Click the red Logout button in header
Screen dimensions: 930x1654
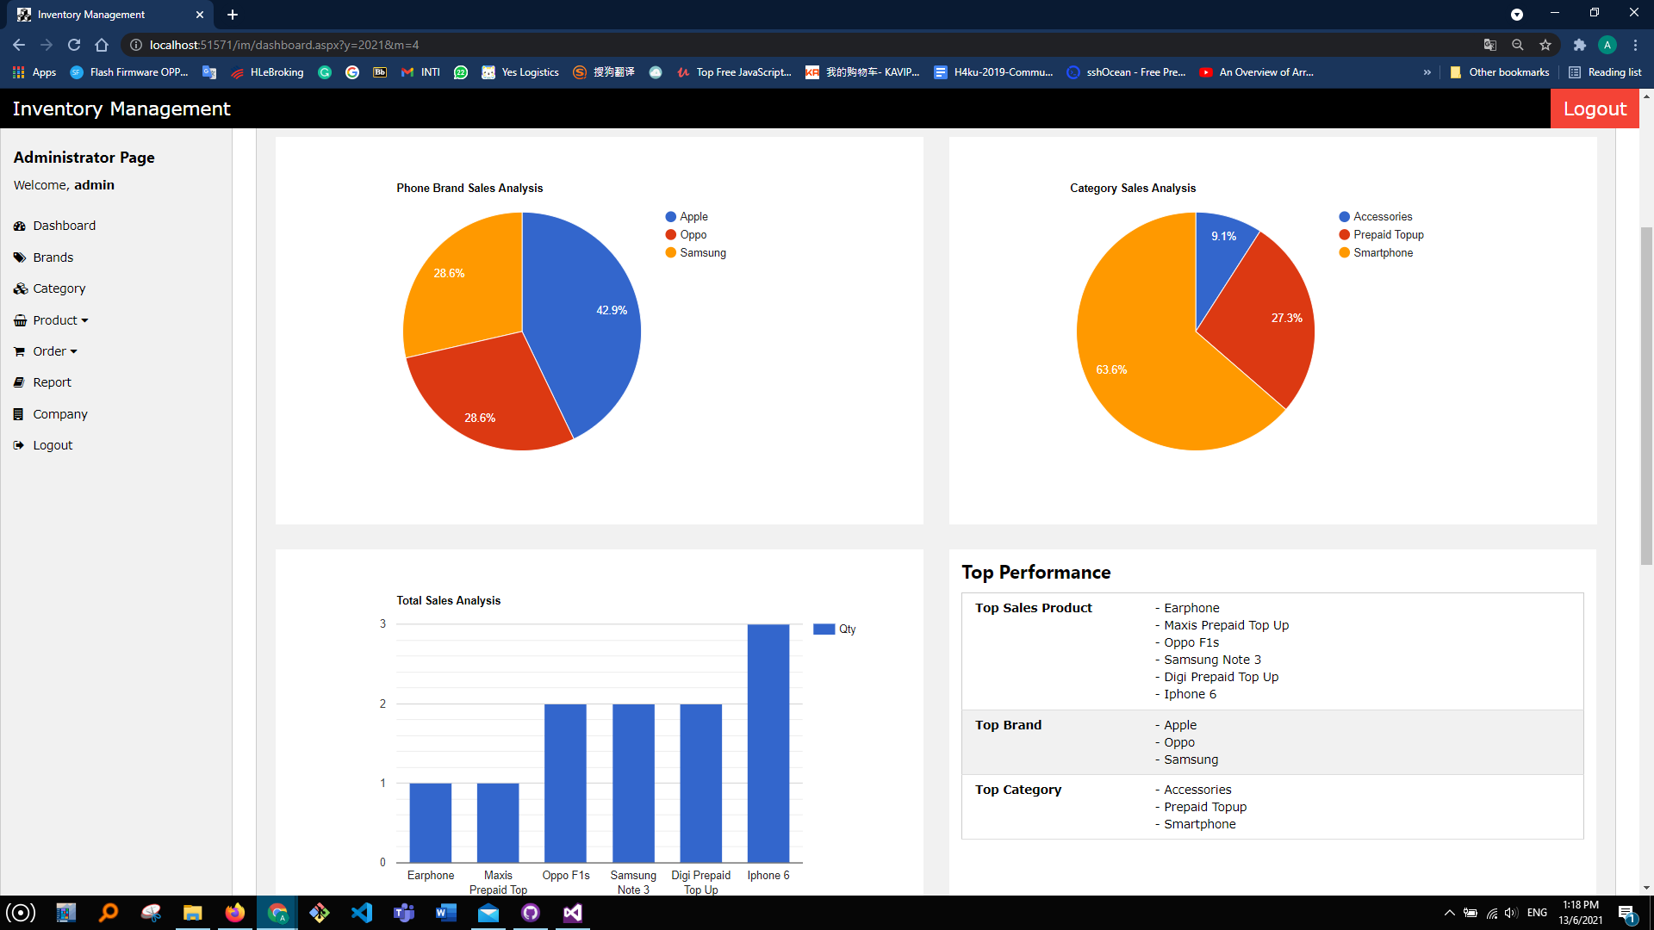[x=1595, y=108]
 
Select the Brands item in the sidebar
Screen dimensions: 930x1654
[x=53, y=257]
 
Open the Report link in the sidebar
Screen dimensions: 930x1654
[x=52, y=382]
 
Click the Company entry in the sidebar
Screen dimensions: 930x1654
[x=59, y=414]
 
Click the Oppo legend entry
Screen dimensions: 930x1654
[x=693, y=234]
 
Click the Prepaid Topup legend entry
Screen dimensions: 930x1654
[x=1388, y=234]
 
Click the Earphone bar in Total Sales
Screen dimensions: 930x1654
[x=430, y=822]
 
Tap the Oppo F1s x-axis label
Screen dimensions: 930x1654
[x=566, y=875]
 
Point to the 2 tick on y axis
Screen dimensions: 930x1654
[x=382, y=704]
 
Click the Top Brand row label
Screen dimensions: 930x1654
[x=1008, y=725]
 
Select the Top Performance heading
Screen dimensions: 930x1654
[x=1035, y=573]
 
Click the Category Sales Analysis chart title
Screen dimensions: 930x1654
[x=1132, y=188]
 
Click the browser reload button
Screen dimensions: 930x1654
[x=74, y=45]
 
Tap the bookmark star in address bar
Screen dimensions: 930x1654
[x=1545, y=45]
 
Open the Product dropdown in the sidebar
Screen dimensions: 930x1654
[x=60, y=320]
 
